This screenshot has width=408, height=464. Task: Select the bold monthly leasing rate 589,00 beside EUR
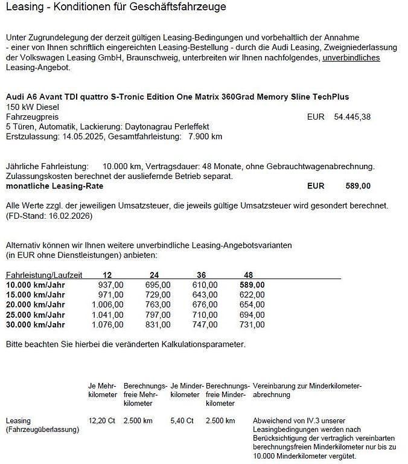(x=358, y=186)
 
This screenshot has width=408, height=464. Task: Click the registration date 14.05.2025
(x=81, y=137)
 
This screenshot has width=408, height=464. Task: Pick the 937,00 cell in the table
(x=110, y=285)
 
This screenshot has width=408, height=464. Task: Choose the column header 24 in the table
(x=154, y=275)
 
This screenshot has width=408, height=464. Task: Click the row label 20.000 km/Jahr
(x=35, y=304)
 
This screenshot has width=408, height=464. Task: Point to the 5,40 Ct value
(x=182, y=420)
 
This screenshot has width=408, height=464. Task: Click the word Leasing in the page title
(x=23, y=8)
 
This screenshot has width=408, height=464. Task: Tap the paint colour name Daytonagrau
(x=148, y=127)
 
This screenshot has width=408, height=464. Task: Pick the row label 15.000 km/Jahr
(x=35, y=294)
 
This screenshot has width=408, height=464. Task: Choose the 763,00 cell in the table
(x=158, y=304)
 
